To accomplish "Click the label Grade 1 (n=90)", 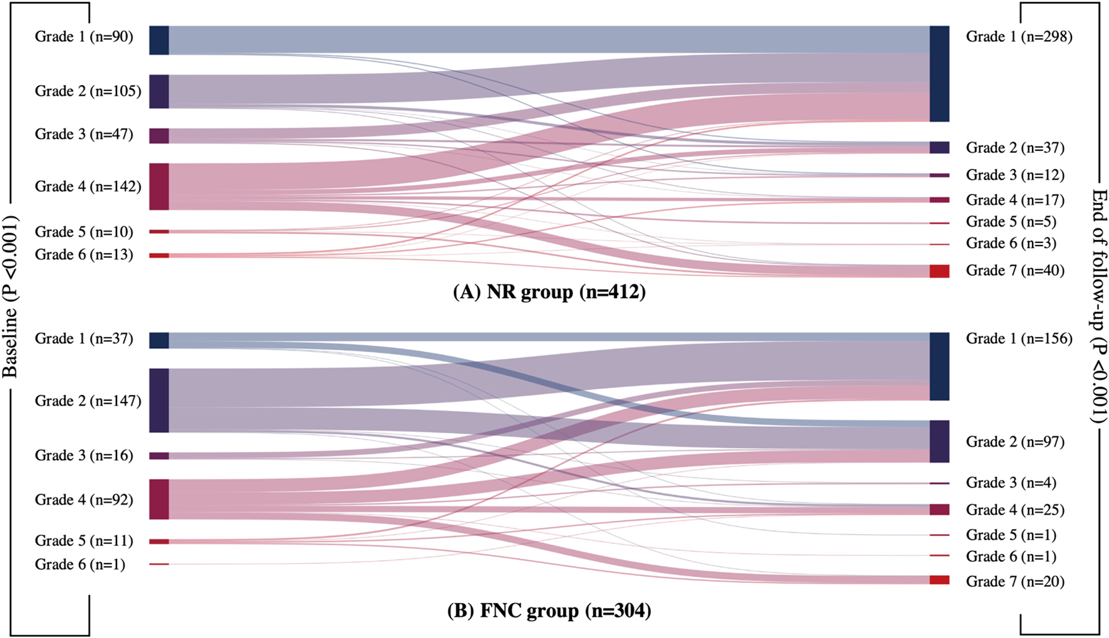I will coord(84,37).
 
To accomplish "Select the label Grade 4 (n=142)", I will coord(88,187).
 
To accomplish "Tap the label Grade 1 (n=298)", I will coord(1019,37).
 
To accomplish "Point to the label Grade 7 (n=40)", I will coord(1015,270).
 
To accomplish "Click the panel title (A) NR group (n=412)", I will coord(549,292).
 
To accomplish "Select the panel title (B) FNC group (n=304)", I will coord(549,610).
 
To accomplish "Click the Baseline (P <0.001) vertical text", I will coord(10,297).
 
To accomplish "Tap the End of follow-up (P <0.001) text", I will coord(1099,306).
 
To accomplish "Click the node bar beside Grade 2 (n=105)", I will coord(159,91).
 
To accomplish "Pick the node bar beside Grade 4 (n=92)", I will coord(159,499).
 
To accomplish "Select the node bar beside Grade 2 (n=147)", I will coord(159,401).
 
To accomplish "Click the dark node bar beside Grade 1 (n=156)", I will coord(939,366).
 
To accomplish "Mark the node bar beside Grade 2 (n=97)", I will coord(939,441).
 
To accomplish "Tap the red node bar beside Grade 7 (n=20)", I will coord(939,580).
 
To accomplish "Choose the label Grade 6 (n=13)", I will coord(84,255).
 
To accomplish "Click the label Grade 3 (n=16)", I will coord(84,456).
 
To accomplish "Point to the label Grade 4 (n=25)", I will coord(1015,510).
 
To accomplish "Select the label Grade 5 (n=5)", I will coord(1011,222).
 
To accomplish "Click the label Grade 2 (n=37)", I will coord(1015,148).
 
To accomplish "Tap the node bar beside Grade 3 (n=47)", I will coord(159,136).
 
